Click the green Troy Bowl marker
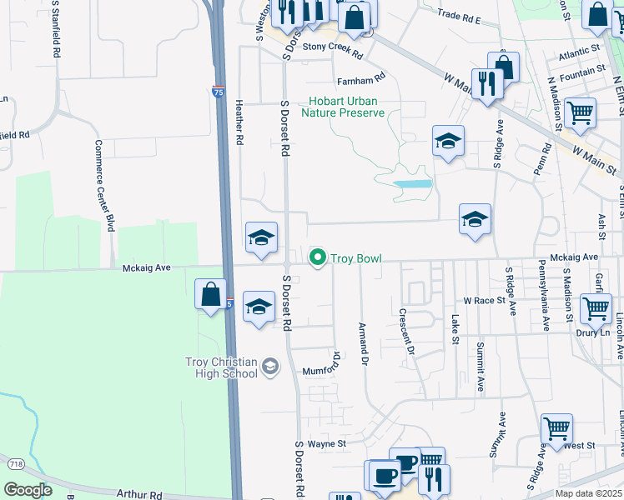pos(317,258)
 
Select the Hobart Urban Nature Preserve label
pos(343,107)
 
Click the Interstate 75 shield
pos(218,90)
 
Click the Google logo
pos(28,489)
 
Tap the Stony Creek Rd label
pos(333,51)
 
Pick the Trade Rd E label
pos(460,15)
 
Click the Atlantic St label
pos(580,53)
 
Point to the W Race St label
pos(485,300)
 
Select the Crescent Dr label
pos(406,332)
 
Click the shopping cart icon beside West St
pos(556,428)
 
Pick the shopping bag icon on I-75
pos(210,294)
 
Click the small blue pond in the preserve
pos(412,183)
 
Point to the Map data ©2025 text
pos(589,493)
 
